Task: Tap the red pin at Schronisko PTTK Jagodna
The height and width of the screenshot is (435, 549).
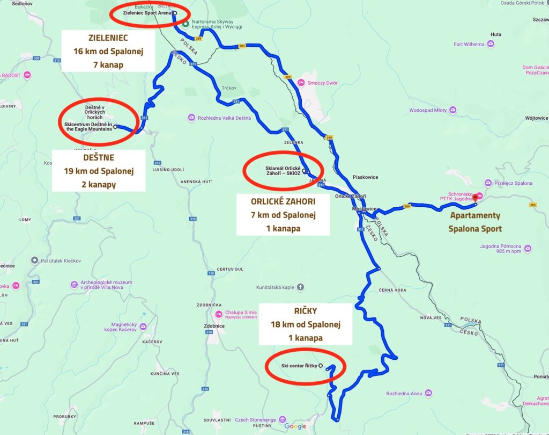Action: (x=474, y=197)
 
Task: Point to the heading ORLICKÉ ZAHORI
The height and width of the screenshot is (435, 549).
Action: (x=283, y=201)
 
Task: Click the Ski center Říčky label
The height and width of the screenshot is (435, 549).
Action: (x=299, y=366)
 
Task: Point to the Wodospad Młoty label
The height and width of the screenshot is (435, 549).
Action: (x=428, y=110)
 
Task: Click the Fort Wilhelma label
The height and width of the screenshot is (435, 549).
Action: (x=469, y=44)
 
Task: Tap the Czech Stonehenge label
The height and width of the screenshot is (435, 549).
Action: (x=255, y=419)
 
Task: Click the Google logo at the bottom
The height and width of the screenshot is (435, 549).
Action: (x=295, y=426)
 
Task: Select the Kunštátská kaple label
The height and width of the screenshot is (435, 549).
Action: (x=274, y=287)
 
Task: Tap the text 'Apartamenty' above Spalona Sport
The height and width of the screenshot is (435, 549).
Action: (x=474, y=215)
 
